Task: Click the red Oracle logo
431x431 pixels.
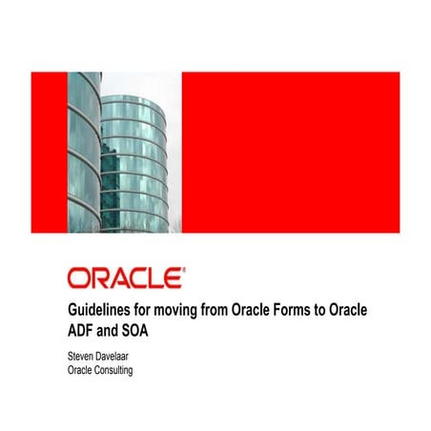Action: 124,278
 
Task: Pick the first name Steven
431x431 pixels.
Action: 82,356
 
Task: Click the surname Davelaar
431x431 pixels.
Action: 122,356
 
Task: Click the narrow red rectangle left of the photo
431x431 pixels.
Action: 49,152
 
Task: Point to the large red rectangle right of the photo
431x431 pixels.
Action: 290,152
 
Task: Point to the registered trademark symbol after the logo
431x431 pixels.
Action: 183,270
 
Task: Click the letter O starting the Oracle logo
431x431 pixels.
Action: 78,278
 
